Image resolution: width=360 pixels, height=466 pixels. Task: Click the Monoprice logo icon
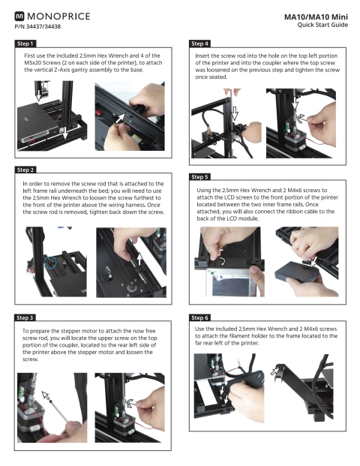pyautogui.click(x=19, y=16)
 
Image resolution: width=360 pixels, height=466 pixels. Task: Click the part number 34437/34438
pyautogui.click(x=43, y=26)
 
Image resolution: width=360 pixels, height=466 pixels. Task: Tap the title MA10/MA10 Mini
pyautogui.click(x=316, y=17)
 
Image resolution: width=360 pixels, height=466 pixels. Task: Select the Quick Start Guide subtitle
pyautogui.click(x=322, y=25)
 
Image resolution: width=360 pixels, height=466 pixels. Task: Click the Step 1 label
pyautogui.click(x=25, y=44)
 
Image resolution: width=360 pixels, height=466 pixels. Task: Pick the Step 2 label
pyautogui.click(x=25, y=170)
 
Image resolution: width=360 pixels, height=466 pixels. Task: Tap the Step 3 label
pyautogui.click(x=25, y=317)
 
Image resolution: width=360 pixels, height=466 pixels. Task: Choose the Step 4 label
pyautogui.click(x=199, y=44)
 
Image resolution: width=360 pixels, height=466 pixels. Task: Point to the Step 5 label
pyautogui.click(x=199, y=177)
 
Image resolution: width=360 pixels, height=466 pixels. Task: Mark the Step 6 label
pyautogui.click(x=199, y=317)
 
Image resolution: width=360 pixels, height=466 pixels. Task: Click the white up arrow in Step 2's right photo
pyautogui.click(x=139, y=259)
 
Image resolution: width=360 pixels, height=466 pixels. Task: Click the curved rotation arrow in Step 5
pyautogui.click(x=222, y=262)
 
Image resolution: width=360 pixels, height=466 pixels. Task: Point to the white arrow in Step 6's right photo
pyautogui.click(x=274, y=371)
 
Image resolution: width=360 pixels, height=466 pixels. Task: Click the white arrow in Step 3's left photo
pyautogui.click(x=46, y=395)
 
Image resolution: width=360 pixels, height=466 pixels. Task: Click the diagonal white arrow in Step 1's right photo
pyautogui.click(x=120, y=118)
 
